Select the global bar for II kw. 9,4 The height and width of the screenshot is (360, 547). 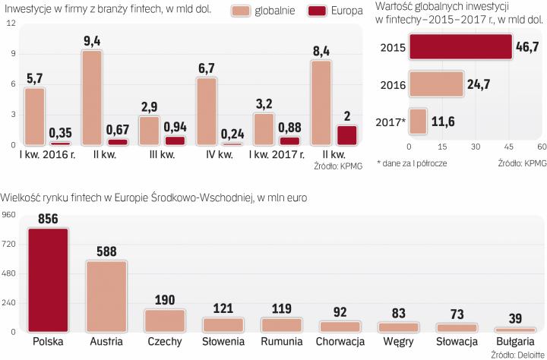pos(92,97)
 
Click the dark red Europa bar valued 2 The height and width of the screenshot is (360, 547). pos(346,134)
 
